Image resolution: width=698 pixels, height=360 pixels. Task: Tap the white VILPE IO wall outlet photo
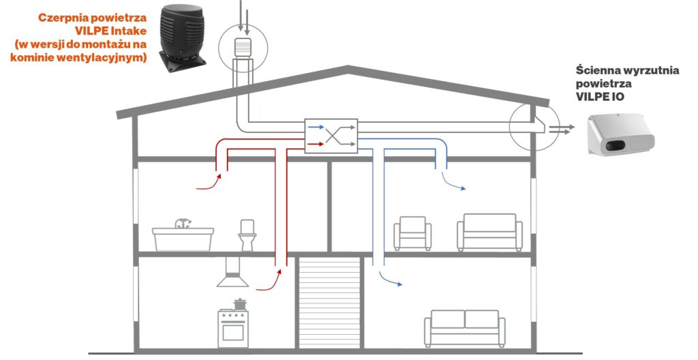(x=621, y=136)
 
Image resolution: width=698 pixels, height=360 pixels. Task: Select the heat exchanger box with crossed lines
(x=331, y=135)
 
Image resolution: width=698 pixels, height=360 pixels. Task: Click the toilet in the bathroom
(x=247, y=235)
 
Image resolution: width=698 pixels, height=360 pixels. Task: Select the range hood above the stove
(x=232, y=273)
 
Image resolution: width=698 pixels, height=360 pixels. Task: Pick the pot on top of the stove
(x=239, y=303)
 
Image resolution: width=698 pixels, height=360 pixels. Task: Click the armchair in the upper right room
(x=412, y=232)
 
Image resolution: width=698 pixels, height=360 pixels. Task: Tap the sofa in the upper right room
(x=489, y=232)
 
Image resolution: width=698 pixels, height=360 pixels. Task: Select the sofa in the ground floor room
(x=464, y=327)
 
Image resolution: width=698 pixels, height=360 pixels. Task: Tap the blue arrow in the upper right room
(x=453, y=183)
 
